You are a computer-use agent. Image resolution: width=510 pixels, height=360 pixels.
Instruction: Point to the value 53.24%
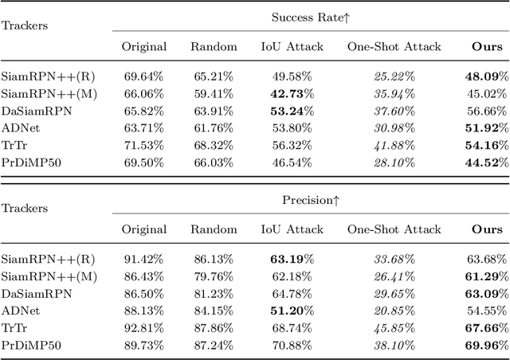coord(292,112)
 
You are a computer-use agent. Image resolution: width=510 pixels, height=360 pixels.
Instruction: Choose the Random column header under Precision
coord(214,229)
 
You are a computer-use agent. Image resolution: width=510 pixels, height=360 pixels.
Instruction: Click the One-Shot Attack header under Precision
coord(394,229)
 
